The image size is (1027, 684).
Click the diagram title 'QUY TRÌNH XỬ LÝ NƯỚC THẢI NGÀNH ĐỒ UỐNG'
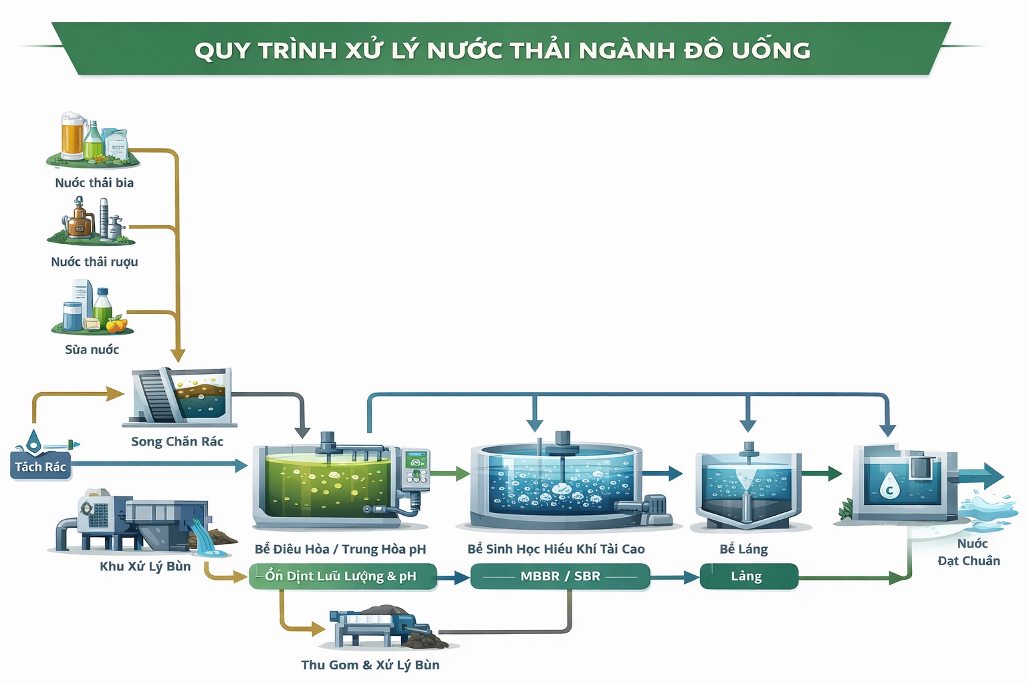click(502, 50)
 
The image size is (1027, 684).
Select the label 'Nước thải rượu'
click(94, 262)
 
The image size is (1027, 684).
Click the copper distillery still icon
click(79, 219)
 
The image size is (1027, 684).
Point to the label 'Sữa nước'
click(92, 349)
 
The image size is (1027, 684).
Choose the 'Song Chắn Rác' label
click(177, 442)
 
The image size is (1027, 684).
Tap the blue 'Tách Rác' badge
click(40, 467)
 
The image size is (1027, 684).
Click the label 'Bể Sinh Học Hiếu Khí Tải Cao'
click(556, 549)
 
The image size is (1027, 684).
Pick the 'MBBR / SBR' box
click(560, 576)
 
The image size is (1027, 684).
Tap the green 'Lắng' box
click(748, 576)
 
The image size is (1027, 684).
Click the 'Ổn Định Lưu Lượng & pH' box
click(342, 576)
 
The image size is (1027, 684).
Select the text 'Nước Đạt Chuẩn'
click(969, 552)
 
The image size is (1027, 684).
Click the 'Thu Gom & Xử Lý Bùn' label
click(370, 665)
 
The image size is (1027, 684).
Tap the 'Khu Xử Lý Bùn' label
click(145, 566)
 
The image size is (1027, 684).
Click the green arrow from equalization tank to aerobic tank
click(451, 474)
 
